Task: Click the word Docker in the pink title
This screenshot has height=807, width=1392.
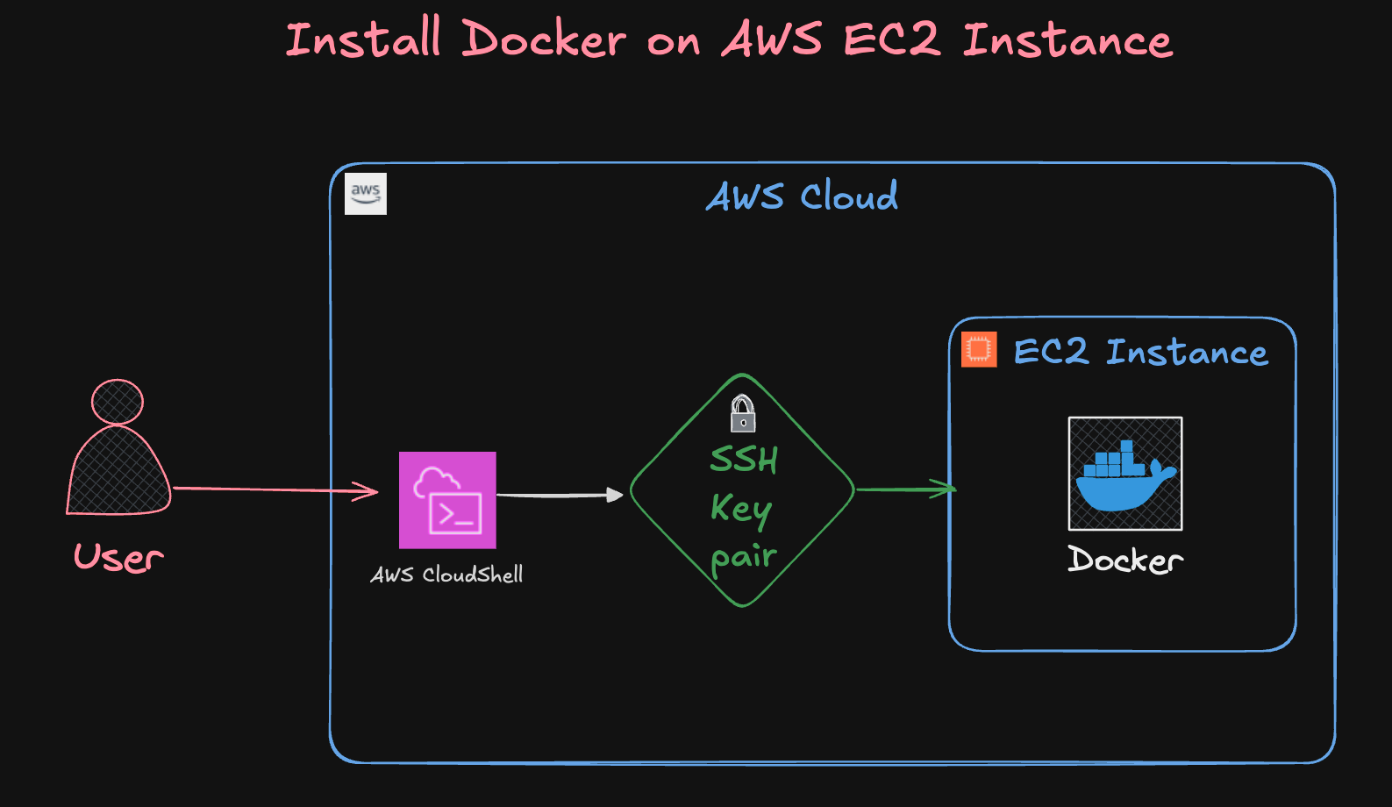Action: coord(544,40)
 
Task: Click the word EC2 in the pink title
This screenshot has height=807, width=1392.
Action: coord(891,40)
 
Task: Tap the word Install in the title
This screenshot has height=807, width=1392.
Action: coord(363,40)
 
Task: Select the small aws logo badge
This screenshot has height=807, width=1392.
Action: coord(366,194)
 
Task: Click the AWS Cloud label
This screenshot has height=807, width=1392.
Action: coord(802,196)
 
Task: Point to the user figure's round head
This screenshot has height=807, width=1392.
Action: coord(118,403)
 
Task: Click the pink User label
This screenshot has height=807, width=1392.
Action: coord(119,558)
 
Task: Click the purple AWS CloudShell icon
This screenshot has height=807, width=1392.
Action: coord(447,500)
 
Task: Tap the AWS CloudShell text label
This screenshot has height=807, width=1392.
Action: coord(447,575)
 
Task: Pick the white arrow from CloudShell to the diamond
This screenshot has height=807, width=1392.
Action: coord(560,496)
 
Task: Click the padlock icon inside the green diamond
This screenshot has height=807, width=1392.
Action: coord(743,413)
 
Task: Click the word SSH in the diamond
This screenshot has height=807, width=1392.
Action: coord(744,460)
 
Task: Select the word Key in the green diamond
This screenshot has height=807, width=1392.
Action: coord(741,508)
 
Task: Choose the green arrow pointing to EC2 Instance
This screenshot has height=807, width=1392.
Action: coord(905,489)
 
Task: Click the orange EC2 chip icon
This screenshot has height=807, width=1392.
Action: coord(979,349)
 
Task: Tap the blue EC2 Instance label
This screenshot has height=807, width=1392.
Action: coord(1140,353)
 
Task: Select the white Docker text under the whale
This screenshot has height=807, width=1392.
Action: coord(1125,560)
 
